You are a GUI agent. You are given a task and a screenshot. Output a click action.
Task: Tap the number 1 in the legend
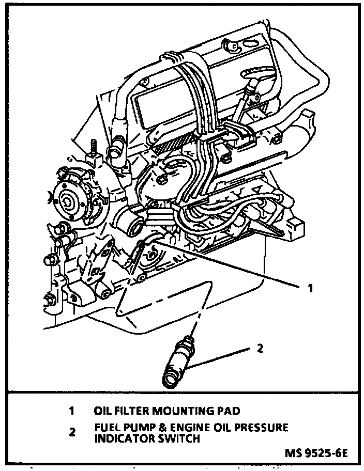click(x=72, y=412)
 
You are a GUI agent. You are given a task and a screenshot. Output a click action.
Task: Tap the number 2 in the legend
click(x=72, y=433)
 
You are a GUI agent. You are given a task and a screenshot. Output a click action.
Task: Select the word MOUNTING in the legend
click(x=181, y=412)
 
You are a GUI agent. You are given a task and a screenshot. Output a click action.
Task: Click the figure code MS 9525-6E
click(x=316, y=454)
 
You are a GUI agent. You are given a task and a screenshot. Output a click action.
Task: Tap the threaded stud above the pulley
click(x=95, y=149)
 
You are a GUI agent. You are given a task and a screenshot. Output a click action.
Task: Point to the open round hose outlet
click(x=136, y=226)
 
